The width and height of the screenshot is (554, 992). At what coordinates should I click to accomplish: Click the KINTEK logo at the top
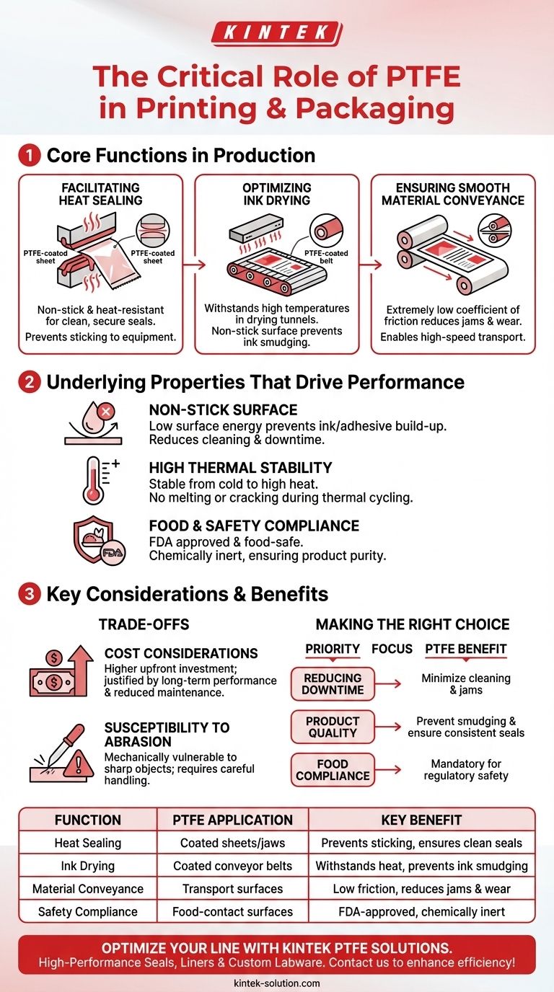coord(276,34)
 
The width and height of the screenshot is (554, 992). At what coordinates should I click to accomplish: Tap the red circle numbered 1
coord(30,156)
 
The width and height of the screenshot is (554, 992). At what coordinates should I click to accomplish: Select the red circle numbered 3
coord(30,594)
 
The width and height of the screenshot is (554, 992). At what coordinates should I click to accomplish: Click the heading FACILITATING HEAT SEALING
coord(100,194)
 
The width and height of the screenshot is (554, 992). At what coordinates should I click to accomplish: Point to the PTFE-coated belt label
coord(326,257)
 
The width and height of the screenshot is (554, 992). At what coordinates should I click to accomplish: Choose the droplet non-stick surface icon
coord(94,422)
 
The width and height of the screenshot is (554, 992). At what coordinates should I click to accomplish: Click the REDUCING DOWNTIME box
coord(333,683)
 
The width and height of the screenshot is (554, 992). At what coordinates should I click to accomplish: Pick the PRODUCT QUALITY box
coord(333,727)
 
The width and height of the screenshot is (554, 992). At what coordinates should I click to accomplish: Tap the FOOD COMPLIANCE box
coord(333,770)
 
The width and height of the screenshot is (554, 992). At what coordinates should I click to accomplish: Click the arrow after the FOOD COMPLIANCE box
coord(389,770)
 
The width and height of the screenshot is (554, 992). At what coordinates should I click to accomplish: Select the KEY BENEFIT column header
coord(421,820)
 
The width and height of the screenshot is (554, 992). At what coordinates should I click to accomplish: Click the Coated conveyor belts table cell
coord(233,865)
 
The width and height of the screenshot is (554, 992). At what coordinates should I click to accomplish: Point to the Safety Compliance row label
coord(88,911)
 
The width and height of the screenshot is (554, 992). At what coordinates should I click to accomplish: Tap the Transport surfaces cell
coord(233,888)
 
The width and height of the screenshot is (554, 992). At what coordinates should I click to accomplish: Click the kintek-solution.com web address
coord(276,983)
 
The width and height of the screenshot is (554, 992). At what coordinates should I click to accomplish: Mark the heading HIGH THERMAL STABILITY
coord(241,468)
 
